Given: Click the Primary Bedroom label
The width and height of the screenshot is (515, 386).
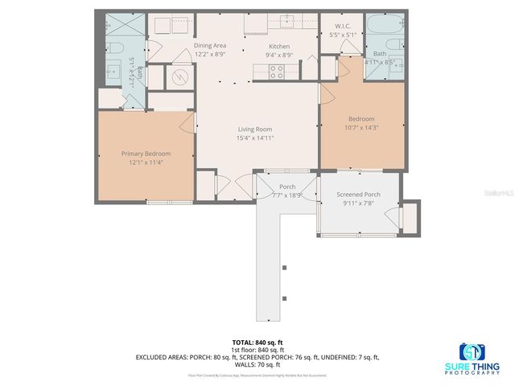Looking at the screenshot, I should pyautogui.click(x=146, y=153).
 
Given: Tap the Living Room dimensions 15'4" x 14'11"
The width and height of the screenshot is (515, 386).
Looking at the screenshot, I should pyautogui.click(x=254, y=138).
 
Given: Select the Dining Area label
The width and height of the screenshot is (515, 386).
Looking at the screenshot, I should pyautogui.click(x=210, y=46).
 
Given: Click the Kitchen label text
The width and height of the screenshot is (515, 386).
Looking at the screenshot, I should pyautogui.click(x=278, y=46).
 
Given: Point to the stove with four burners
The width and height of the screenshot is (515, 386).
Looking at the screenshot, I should pyautogui.click(x=276, y=70).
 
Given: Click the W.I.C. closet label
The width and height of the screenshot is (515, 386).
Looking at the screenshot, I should pyautogui.click(x=341, y=26).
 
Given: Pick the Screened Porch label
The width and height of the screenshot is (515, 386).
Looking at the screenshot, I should pyautogui.click(x=358, y=195).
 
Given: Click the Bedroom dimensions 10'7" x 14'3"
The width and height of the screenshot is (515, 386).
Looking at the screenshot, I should pyautogui.click(x=360, y=127).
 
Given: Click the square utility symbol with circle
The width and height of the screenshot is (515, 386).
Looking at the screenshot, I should pyautogui.click(x=179, y=77).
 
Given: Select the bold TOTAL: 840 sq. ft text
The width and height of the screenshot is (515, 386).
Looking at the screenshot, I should pyautogui.click(x=257, y=342).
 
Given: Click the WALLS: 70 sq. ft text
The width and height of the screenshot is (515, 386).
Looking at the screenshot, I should pyautogui.click(x=257, y=364).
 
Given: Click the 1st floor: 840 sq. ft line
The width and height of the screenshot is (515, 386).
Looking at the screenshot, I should pyautogui.click(x=257, y=350).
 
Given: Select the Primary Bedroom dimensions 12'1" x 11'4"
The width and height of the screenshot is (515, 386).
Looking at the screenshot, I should pyautogui.click(x=146, y=162).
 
